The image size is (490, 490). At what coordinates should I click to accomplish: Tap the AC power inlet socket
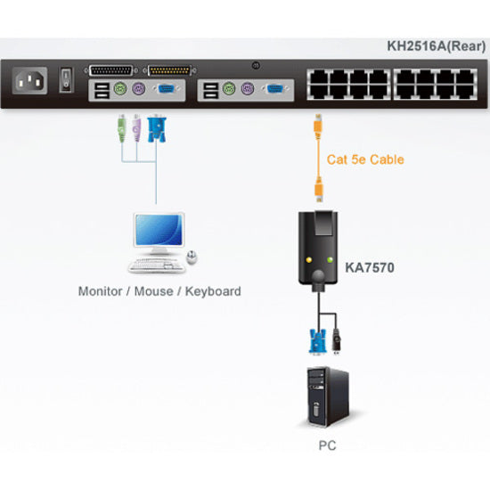point(29,83)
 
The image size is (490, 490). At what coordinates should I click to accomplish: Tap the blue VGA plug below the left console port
point(157,131)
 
